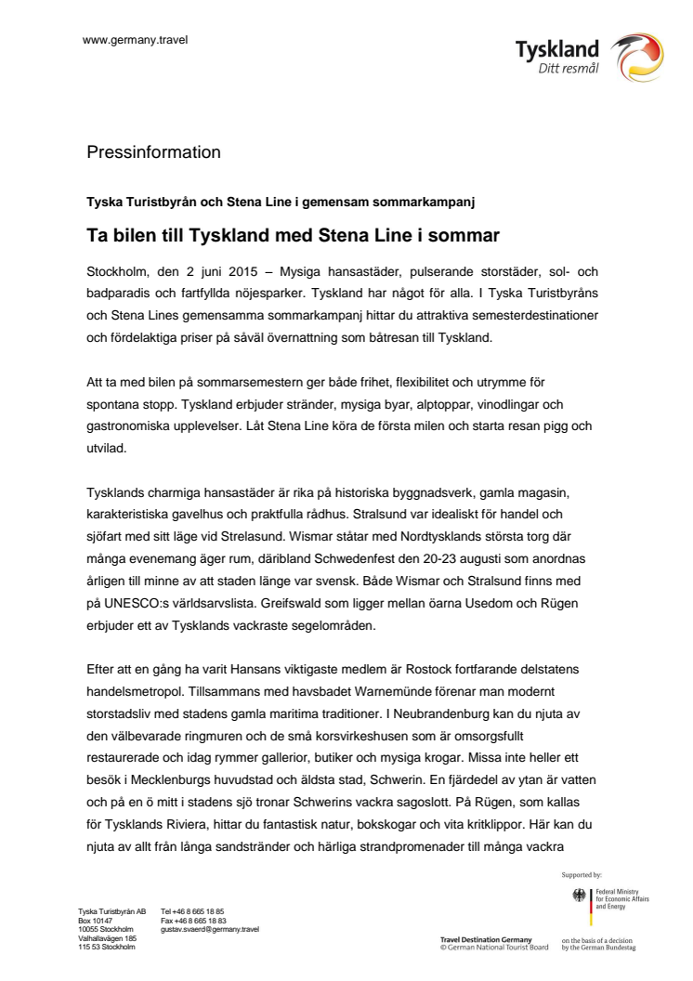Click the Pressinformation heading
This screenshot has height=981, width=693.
pos(153,151)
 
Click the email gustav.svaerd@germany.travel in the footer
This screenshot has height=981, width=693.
pos(210,929)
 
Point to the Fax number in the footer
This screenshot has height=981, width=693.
pos(193,921)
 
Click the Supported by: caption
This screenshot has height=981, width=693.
pos(582,874)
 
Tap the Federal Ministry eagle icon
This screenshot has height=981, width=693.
pos(581,896)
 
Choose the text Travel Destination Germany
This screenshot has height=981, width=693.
pos(486,939)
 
